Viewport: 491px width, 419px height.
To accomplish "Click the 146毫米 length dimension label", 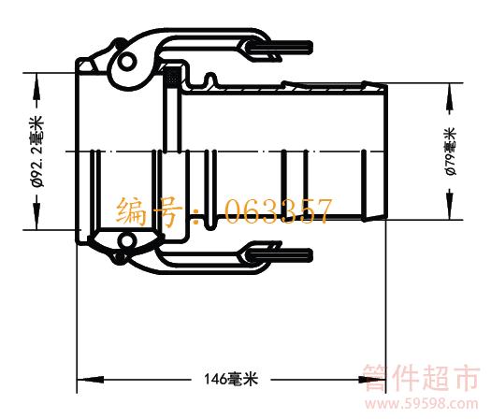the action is click(231, 379).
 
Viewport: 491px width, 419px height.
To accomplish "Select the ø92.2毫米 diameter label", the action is click(38, 152).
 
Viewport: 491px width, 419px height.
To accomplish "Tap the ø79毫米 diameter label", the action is click(451, 152).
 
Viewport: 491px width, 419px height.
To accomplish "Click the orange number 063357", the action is click(278, 211).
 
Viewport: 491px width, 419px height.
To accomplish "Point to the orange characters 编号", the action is click(149, 211).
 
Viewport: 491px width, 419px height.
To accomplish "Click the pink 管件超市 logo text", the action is click(421, 378).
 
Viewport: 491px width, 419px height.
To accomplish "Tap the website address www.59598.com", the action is click(422, 404).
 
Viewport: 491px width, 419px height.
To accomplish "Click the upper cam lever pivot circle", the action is click(127, 62).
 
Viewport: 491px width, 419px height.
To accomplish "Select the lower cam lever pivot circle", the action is click(127, 241).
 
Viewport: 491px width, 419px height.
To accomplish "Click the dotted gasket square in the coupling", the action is click(172, 77).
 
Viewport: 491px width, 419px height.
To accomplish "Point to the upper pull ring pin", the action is click(282, 48).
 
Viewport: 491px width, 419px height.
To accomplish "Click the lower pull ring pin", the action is click(282, 255).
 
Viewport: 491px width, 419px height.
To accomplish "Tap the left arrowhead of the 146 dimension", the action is click(90, 380).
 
